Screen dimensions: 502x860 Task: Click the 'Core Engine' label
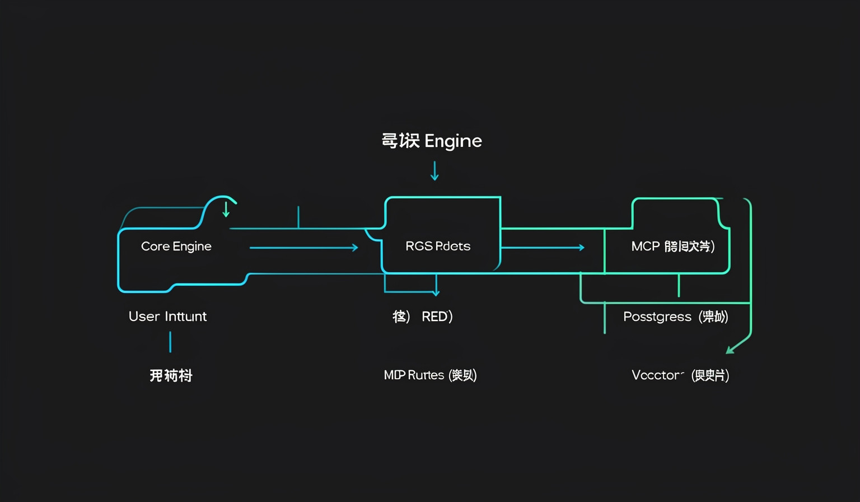click(x=176, y=247)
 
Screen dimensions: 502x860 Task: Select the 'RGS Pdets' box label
click(x=438, y=247)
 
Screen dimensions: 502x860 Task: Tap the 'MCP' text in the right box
click(x=646, y=247)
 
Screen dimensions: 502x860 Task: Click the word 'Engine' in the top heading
click(x=453, y=141)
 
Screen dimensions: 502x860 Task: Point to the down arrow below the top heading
click(x=434, y=171)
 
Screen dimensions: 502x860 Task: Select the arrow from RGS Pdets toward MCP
click(x=543, y=247)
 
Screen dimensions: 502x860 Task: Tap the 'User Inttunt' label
click(x=167, y=317)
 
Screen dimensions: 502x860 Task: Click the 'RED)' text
click(x=437, y=317)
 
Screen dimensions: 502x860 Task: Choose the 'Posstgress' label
click(x=657, y=317)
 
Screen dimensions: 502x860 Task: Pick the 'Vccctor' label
click(x=657, y=375)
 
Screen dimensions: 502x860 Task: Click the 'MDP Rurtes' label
click(x=414, y=375)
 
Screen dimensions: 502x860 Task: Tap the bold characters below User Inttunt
click(x=171, y=375)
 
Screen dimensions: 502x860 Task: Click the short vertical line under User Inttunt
click(x=170, y=342)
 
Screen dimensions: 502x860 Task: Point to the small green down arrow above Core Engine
click(x=226, y=210)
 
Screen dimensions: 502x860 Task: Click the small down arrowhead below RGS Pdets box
click(x=436, y=292)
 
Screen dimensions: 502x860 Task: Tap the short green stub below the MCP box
click(x=679, y=286)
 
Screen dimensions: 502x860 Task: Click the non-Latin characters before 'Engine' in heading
click(x=400, y=141)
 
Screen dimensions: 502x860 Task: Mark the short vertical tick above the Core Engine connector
click(x=298, y=217)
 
